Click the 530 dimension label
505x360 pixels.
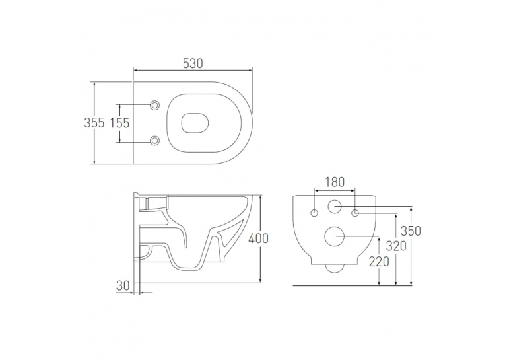[x=193, y=63]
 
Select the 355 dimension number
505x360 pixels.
[x=94, y=123]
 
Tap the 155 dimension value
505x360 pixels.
[x=119, y=123]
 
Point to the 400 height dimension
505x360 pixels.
[x=258, y=238]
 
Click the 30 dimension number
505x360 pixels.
[x=123, y=285]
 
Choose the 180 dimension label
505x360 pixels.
[x=335, y=182]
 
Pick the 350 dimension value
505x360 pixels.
[x=411, y=231]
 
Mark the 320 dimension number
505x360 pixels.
[x=396, y=246]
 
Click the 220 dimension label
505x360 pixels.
[x=379, y=262]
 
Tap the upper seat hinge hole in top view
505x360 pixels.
[x=155, y=105]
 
